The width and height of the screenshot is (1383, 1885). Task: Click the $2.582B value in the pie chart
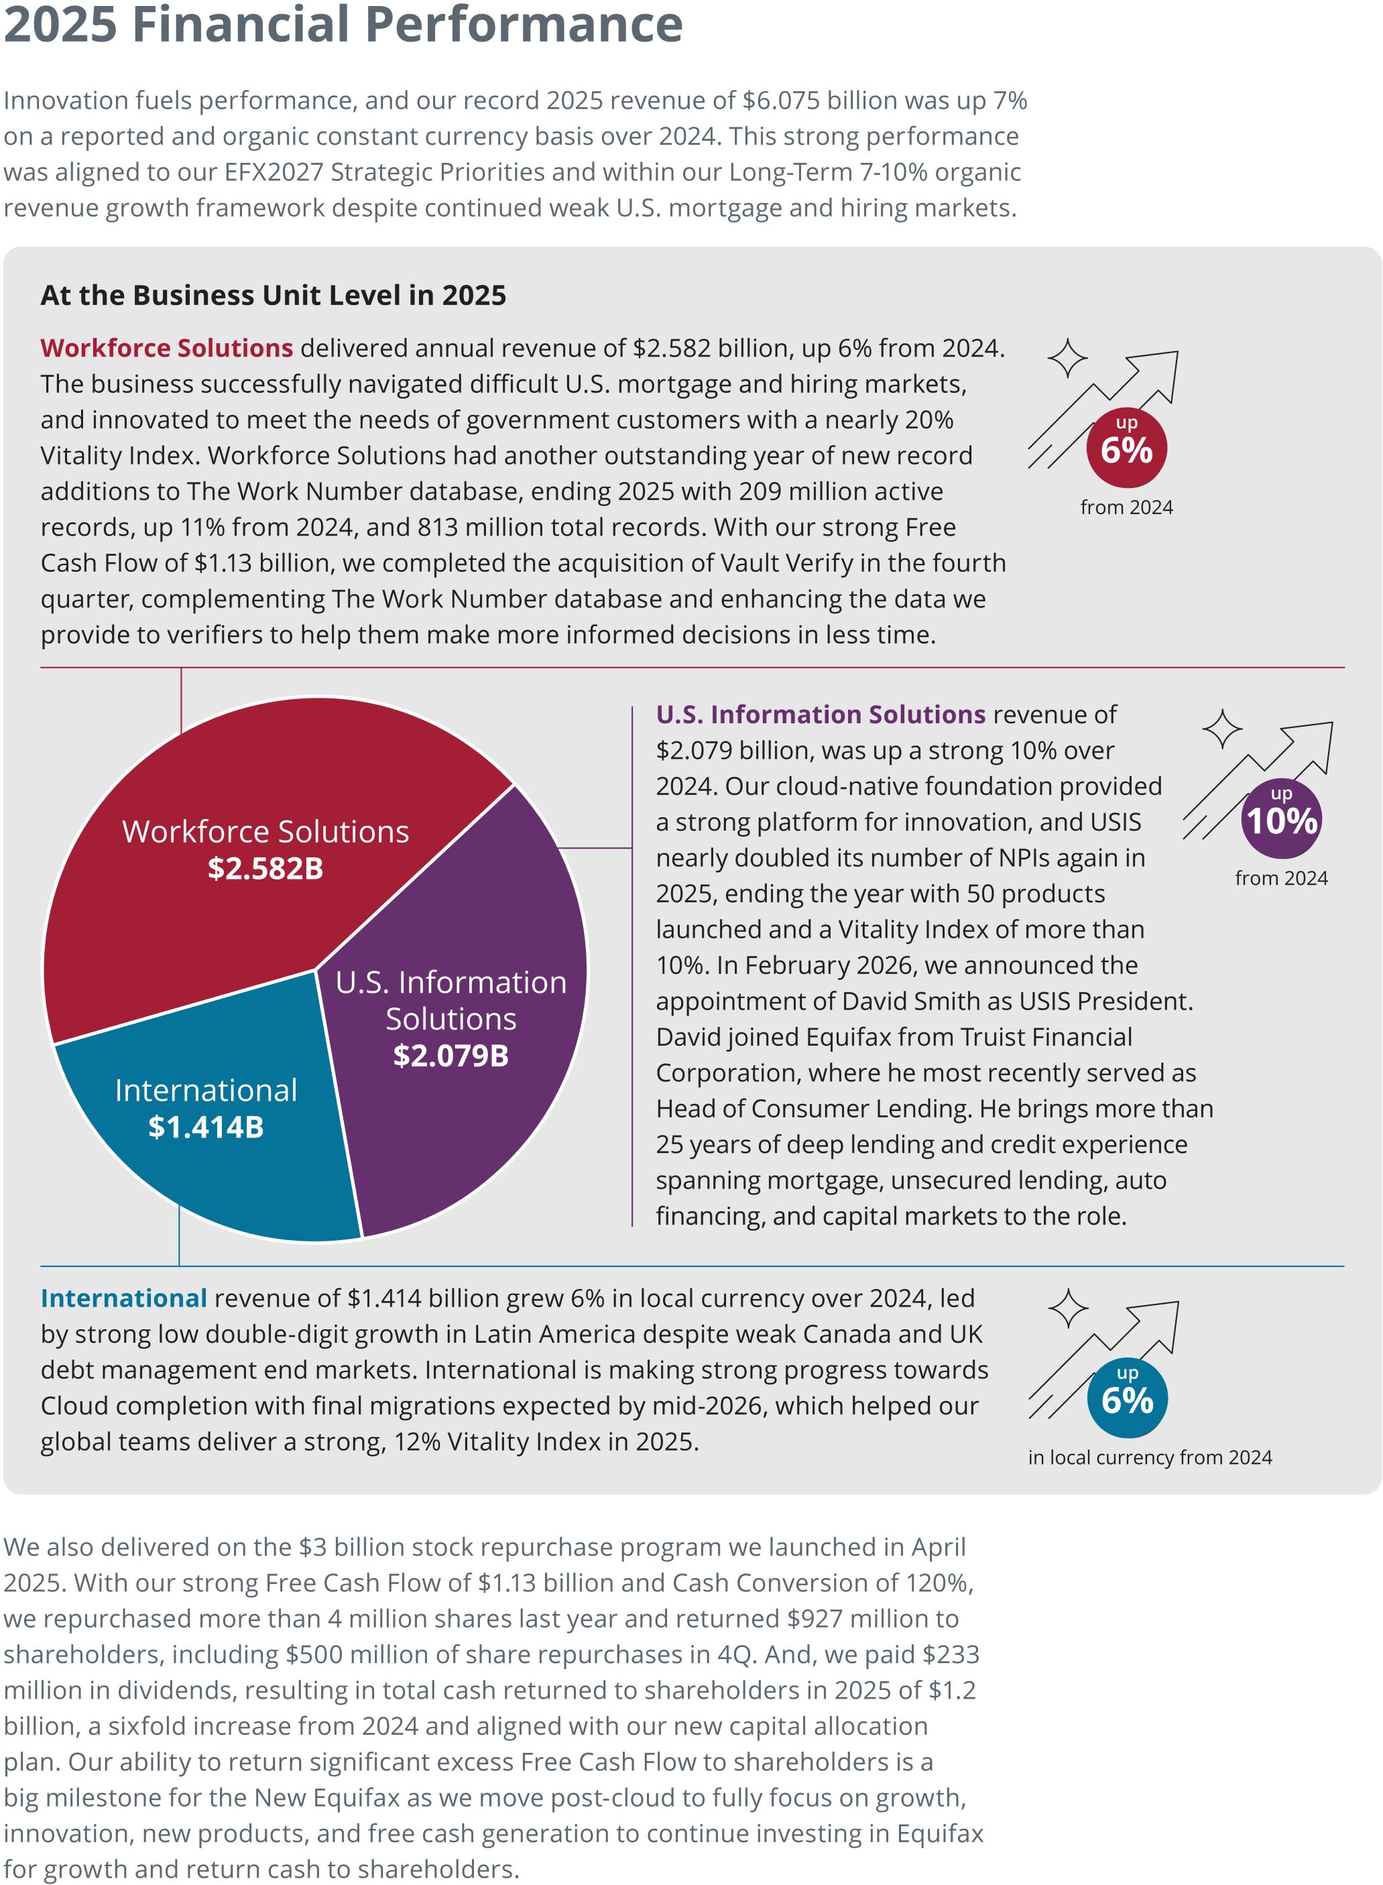(265, 869)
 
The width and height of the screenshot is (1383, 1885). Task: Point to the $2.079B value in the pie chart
(450, 1056)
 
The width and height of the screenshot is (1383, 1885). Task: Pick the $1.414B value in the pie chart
(206, 1128)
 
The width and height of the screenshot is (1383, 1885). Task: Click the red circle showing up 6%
(1126, 448)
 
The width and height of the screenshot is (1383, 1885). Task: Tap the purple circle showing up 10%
(1281, 818)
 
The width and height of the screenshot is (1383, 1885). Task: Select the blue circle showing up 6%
(1127, 1398)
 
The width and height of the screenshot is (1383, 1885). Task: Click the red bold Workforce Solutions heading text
(167, 348)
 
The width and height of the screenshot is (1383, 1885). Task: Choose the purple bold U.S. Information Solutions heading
(821, 715)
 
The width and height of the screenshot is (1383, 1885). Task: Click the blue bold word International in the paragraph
(123, 1298)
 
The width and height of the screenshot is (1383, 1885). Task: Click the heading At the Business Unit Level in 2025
(273, 296)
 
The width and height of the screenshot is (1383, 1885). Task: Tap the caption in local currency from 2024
(1150, 1457)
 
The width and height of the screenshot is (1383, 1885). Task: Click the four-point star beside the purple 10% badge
(1222, 729)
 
